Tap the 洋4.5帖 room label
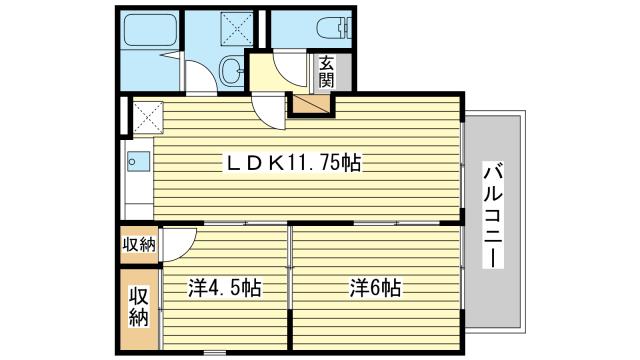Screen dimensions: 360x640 pyautogui.click(x=225, y=288)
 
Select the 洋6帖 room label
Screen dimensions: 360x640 pyautogui.click(x=375, y=288)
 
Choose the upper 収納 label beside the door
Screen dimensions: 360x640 pyautogui.click(x=138, y=244)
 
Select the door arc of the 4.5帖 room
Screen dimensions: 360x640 pyautogui.click(x=178, y=242)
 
